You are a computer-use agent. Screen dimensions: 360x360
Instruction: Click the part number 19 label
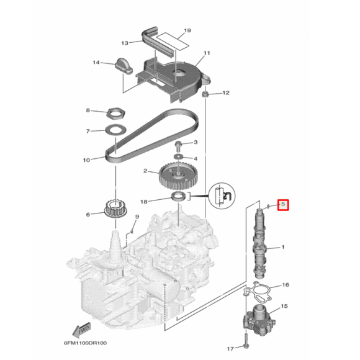(x=187, y=30)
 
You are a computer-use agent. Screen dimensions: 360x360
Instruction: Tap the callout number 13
(x=124, y=43)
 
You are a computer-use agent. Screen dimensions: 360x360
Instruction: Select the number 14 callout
(x=96, y=63)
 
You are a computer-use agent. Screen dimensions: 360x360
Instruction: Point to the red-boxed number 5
(x=282, y=204)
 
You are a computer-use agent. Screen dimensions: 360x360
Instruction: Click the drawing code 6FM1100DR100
(x=85, y=343)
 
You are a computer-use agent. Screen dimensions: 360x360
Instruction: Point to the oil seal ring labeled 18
(x=179, y=198)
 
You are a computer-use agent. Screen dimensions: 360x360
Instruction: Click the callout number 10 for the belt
(x=87, y=160)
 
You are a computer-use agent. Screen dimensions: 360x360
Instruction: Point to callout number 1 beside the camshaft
(x=283, y=247)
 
